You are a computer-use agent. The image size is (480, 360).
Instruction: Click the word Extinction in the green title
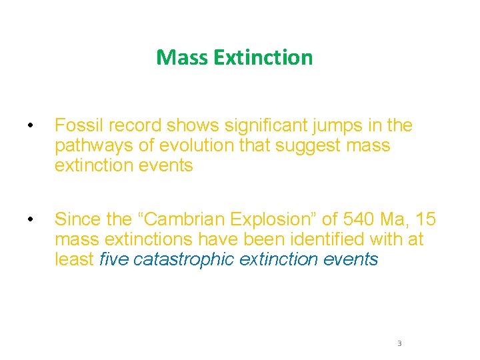pos(263,57)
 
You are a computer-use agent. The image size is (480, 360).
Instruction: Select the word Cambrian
pos(182,219)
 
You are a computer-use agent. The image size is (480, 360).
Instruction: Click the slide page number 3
pos(399,343)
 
